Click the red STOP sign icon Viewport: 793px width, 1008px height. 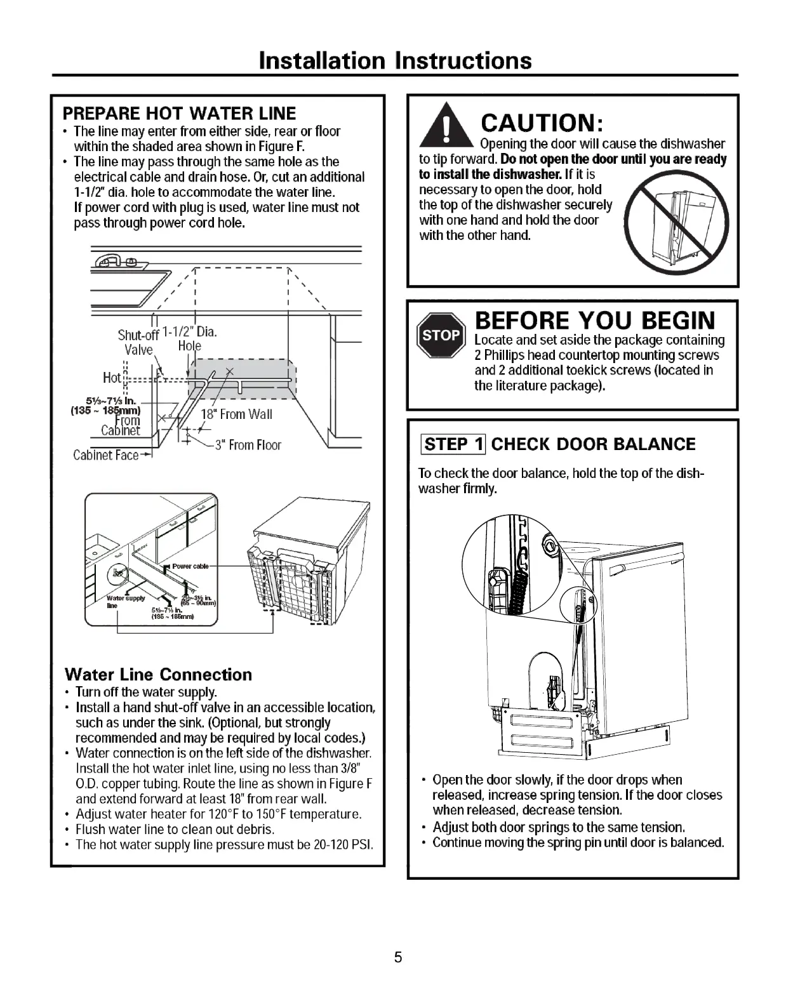[441, 336]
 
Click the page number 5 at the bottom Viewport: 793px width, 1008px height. [398, 957]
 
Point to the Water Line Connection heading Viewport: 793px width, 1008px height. [158, 674]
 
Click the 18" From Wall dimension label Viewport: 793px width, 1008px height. [236, 414]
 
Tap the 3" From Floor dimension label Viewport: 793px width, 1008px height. [248, 445]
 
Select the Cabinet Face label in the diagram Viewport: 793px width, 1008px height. [105, 455]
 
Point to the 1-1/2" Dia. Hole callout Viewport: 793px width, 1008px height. [190, 338]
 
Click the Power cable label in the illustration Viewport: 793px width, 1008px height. [190, 566]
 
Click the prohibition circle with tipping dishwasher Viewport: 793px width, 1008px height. [676, 222]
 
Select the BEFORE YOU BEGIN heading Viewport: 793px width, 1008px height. [595, 320]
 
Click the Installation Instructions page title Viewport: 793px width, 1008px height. [396, 60]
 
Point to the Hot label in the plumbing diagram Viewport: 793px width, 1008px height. [111, 378]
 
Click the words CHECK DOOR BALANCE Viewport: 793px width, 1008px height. [593, 444]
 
